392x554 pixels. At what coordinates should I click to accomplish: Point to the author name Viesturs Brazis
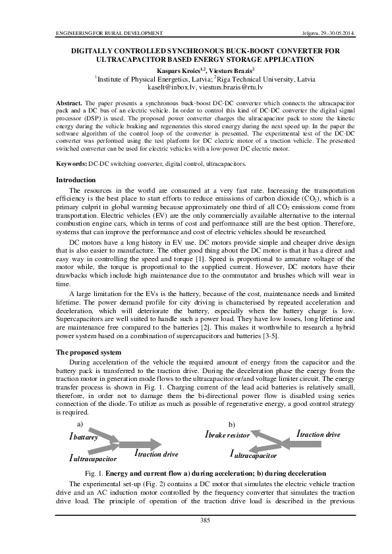coord(231,69)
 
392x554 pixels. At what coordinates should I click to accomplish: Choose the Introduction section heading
coord(76,180)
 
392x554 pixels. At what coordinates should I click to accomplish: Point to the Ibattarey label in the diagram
coord(84,436)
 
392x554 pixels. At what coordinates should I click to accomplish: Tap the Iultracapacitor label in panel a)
coord(93,457)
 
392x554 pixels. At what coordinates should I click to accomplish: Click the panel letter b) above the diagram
coord(231,424)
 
